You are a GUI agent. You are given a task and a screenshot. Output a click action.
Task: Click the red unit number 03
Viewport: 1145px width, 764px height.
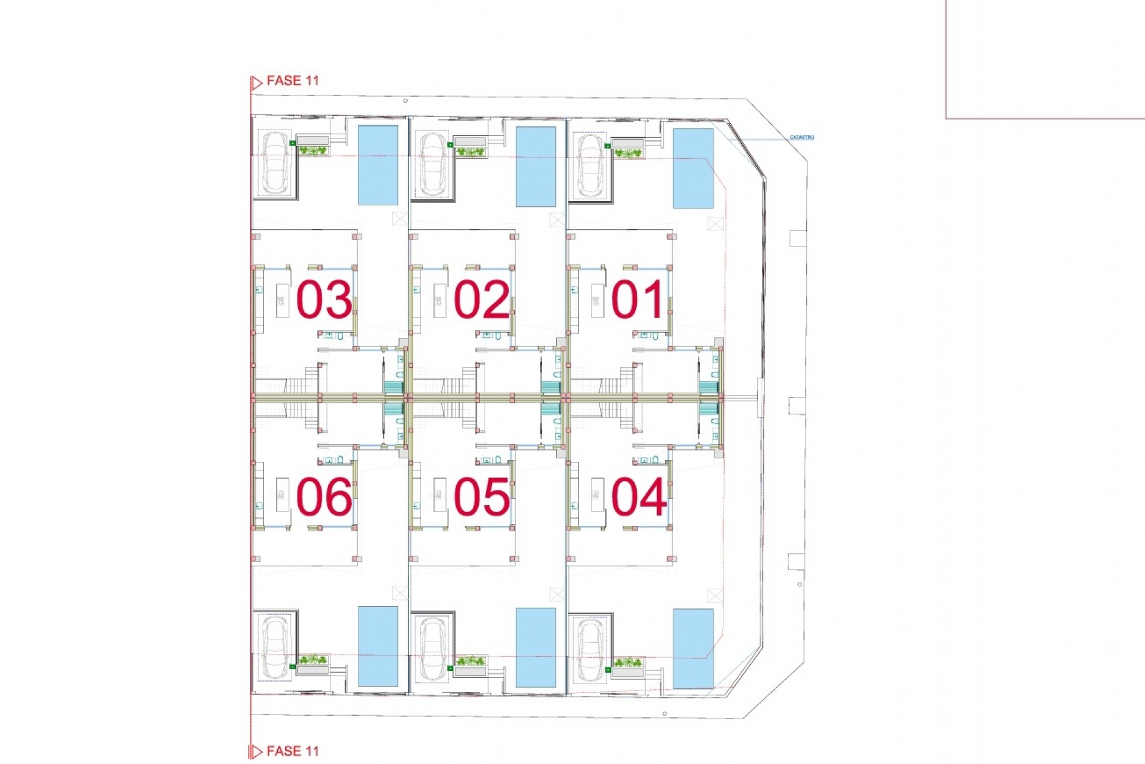(324, 299)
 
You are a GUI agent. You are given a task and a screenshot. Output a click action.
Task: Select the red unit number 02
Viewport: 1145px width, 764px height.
(481, 299)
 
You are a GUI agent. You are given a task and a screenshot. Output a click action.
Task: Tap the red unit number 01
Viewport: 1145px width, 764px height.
(638, 299)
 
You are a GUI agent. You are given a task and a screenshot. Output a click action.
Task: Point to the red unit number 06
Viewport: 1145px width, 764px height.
(324, 497)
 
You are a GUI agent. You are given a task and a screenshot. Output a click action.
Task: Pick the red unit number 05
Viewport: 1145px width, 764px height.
(481, 497)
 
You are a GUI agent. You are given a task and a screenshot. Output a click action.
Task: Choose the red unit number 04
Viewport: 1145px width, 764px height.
(639, 497)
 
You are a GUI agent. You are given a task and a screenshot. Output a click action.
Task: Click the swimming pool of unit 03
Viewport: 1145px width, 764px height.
(378, 165)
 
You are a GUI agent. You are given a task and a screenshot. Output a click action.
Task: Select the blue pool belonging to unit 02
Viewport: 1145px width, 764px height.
(536, 167)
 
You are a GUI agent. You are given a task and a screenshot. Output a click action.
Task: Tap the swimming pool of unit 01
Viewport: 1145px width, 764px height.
(693, 168)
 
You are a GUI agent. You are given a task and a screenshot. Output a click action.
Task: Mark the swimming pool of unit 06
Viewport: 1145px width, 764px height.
(378, 646)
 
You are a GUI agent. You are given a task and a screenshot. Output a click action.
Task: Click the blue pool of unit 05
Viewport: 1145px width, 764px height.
(536, 648)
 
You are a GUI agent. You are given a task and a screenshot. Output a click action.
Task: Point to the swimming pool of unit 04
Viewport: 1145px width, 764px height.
(693, 649)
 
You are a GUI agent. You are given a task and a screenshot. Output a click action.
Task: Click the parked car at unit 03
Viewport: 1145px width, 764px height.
(275, 162)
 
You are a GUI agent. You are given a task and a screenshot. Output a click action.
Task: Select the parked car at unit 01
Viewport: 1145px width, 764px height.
(590, 165)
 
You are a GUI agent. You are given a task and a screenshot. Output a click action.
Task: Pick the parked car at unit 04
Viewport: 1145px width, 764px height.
(590, 650)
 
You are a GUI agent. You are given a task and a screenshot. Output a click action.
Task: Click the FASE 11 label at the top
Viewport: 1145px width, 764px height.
(293, 81)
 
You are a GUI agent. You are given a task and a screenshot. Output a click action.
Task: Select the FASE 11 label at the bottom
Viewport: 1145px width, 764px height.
(293, 751)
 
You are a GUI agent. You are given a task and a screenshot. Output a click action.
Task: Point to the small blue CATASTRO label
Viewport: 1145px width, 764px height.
(802, 137)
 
